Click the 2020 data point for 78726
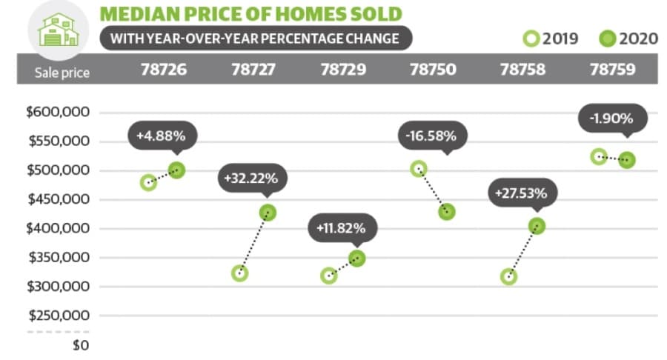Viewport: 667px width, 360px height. (176, 170)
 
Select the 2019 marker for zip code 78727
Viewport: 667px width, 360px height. (240, 273)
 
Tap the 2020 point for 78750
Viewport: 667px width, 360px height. (447, 212)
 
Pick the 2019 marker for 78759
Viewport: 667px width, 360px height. (599, 157)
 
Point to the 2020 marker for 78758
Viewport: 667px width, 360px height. (537, 226)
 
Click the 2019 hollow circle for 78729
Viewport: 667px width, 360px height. (329, 276)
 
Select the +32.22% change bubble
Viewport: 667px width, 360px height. (252, 179)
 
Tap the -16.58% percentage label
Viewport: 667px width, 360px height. (433, 136)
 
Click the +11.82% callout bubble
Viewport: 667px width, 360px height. (342, 228)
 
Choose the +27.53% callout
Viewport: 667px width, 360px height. (522, 193)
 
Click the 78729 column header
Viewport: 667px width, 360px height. (343, 70)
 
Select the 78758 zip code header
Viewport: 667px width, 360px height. (522, 70)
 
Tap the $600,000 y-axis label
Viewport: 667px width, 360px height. (59, 112)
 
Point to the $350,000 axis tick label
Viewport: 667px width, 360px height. (59, 257)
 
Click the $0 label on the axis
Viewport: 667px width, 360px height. (81, 344)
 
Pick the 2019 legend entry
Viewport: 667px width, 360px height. (551, 39)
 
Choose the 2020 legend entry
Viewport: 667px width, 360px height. (628, 39)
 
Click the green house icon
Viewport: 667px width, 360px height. (59, 30)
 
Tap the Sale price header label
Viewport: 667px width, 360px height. (62, 73)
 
